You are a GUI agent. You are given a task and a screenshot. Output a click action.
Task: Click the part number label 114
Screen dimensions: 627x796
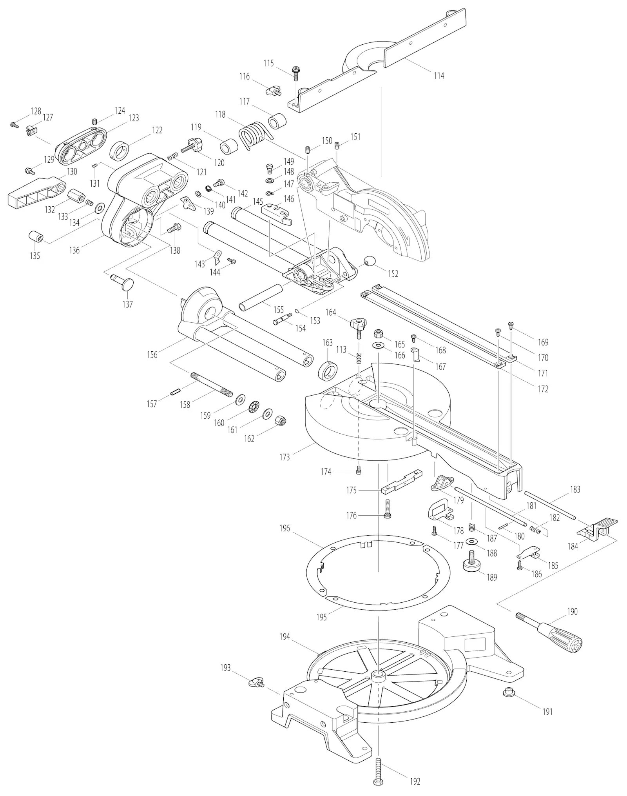click(x=439, y=76)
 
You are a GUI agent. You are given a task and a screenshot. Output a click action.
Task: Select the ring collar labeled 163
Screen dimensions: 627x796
click(x=328, y=371)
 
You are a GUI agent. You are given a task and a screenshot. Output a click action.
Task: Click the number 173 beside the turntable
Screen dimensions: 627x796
click(x=285, y=457)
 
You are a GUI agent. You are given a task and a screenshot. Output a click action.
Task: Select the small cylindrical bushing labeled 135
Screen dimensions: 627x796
click(x=36, y=237)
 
